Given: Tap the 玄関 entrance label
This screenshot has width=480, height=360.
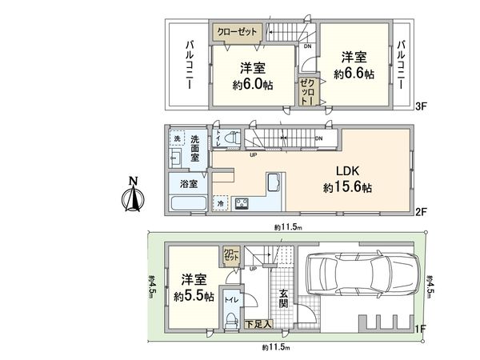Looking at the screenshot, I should [x=284, y=303].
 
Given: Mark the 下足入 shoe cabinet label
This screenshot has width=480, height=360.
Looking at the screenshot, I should [x=257, y=323].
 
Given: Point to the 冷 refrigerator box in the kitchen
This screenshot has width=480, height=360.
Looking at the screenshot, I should [x=221, y=204].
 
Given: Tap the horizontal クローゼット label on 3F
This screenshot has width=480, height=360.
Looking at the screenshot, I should [x=239, y=32].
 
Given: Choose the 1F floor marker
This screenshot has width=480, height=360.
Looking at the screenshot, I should [x=418, y=328].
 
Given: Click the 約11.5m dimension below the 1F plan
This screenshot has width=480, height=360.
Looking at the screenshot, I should [x=277, y=348].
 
